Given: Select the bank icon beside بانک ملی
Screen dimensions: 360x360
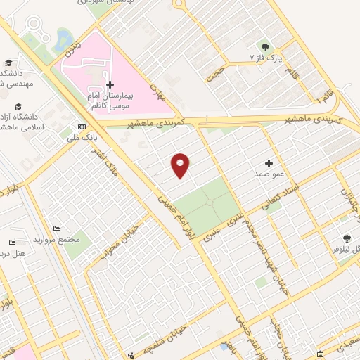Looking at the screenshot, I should [x=82, y=127].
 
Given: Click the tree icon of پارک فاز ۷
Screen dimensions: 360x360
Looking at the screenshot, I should [x=265, y=46].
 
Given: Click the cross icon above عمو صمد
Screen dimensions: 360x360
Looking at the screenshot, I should [x=269, y=162].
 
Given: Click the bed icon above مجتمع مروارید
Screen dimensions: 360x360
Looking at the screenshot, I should [x=57, y=229].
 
